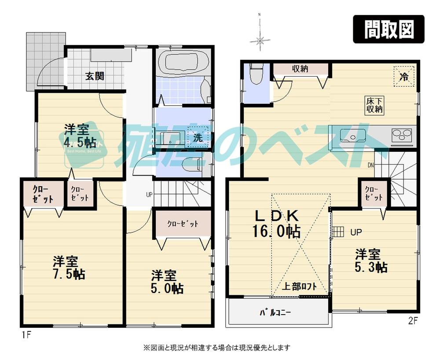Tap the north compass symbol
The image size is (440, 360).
click(260, 41)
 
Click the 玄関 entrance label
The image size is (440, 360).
click(94, 76)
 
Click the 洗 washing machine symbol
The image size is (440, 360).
click(198, 137)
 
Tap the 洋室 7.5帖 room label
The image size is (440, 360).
click(68, 268)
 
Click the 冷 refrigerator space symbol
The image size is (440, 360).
click(403, 76)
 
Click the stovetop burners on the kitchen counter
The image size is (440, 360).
click(401, 135)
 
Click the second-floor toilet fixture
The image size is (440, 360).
click(256, 75)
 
